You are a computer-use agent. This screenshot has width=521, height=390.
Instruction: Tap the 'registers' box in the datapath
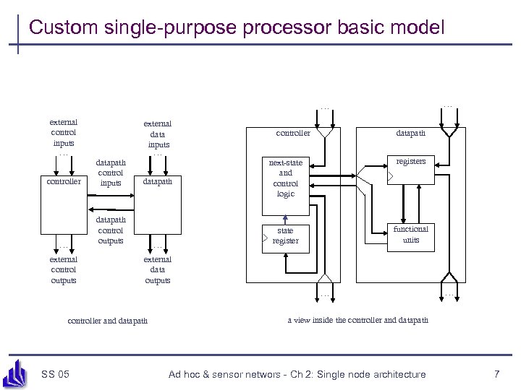coord(410,169)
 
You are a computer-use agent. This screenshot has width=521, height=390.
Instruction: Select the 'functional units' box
coord(410,235)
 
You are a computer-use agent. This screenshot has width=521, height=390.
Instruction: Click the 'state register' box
coord(285,235)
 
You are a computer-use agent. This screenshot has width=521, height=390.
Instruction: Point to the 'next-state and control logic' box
coord(286,178)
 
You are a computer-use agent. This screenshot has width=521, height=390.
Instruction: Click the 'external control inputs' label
coord(64,132)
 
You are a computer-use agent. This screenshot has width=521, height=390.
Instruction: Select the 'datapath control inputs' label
coord(111,173)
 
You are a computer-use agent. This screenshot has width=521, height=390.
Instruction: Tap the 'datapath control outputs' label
coord(111,230)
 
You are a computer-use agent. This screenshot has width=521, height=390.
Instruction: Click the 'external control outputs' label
coord(64,269)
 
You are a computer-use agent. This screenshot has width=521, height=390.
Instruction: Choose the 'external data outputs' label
coord(158,269)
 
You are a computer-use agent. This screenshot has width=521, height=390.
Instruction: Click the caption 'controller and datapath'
coord(107,320)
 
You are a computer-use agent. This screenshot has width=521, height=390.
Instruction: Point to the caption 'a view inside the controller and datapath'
coord(357,319)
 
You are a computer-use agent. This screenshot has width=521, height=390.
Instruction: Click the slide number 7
coord(496,373)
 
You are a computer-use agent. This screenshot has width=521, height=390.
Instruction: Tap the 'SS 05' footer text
coord(56,373)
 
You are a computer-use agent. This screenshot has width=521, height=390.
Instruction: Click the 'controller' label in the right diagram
coord(293,133)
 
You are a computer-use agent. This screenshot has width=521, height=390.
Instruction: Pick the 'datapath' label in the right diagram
coord(410,133)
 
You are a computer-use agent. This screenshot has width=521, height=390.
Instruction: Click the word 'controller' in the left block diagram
coord(64,182)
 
